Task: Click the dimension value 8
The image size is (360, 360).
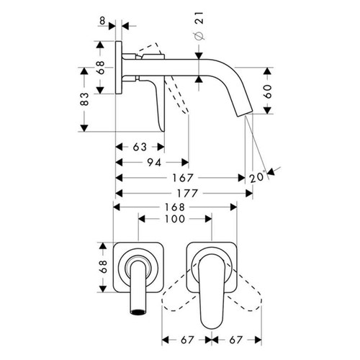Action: point(104,22)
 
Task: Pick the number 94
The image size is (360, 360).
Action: point(153,163)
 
